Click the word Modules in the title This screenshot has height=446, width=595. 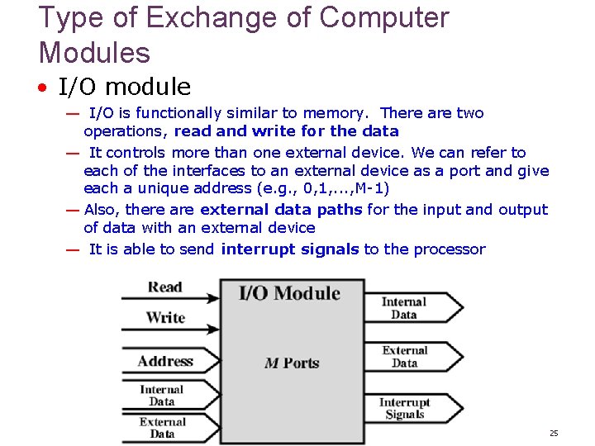coord(94,53)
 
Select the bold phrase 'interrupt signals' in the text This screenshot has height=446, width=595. coord(290,249)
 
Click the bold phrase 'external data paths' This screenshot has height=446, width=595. coord(281,210)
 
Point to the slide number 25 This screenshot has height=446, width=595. coord(554,434)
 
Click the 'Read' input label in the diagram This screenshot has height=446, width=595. coord(164,287)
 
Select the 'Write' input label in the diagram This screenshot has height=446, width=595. coord(165,317)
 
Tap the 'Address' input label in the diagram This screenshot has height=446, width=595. coord(165,361)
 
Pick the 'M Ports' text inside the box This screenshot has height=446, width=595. coord(292,363)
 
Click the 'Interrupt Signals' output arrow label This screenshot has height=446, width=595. coord(405,409)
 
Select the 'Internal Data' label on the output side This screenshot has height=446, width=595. coord(404,308)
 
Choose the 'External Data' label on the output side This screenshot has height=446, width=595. coord(405,357)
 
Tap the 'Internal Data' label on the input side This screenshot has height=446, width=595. coord(162,396)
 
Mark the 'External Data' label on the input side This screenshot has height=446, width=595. coord(162,428)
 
